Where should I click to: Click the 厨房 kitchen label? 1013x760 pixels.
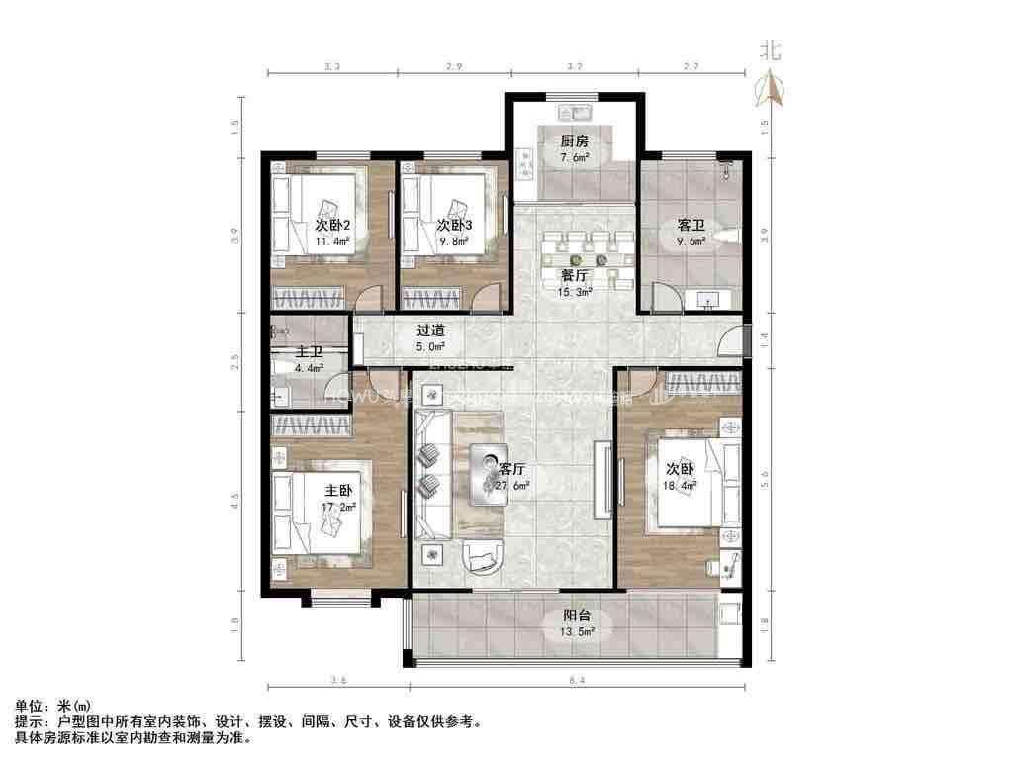click(575, 141)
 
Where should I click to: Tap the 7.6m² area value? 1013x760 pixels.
click(575, 157)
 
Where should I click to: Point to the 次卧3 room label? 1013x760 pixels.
click(455, 225)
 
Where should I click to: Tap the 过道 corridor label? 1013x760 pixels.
click(430, 331)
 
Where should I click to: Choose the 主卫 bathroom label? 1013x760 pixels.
click(309, 353)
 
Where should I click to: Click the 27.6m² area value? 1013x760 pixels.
click(511, 485)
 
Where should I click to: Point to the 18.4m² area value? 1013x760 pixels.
click(680, 485)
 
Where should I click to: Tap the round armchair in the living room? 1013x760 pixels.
click(483, 559)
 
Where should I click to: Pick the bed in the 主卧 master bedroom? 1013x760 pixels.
click(319, 506)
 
